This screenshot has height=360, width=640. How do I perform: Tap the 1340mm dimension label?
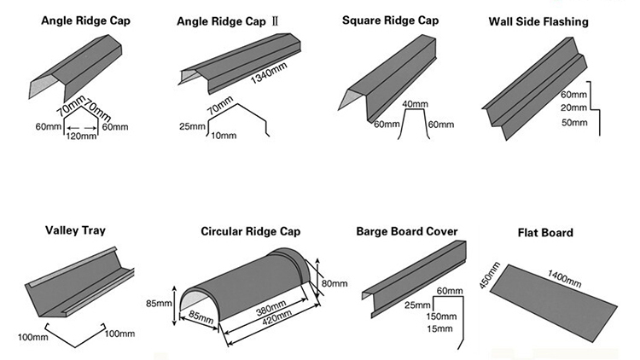[x=268, y=79]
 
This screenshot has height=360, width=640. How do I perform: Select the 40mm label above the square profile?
[x=415, y=105]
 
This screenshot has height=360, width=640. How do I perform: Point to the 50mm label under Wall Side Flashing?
[x=574, y=124]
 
